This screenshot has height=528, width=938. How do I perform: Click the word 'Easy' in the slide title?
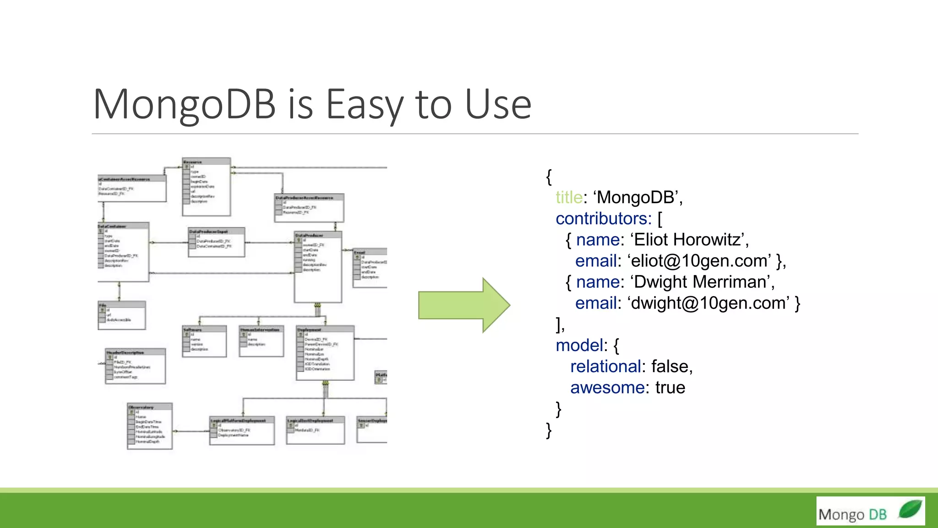[364, 104]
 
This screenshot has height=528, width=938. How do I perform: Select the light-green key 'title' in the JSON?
[569, 198]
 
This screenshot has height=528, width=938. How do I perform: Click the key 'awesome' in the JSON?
[607, 388]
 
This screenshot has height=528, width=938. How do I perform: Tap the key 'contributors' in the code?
[603, 219]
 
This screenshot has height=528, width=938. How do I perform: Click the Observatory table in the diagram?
[150, 426]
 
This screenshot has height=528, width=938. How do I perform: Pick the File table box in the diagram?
[122, 315]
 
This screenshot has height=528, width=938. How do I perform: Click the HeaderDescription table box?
[135, 366]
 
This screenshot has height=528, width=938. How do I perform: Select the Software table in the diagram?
[204, 341]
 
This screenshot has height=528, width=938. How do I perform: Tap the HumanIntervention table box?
[262, 341]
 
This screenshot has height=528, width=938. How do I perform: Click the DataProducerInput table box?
[217, 242]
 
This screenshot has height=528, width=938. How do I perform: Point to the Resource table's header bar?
[206, 162]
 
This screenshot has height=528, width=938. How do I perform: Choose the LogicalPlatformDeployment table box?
[242, 430]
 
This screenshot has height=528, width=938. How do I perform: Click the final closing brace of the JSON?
[549, 430]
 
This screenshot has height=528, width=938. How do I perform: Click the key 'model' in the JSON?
[578, 345]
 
